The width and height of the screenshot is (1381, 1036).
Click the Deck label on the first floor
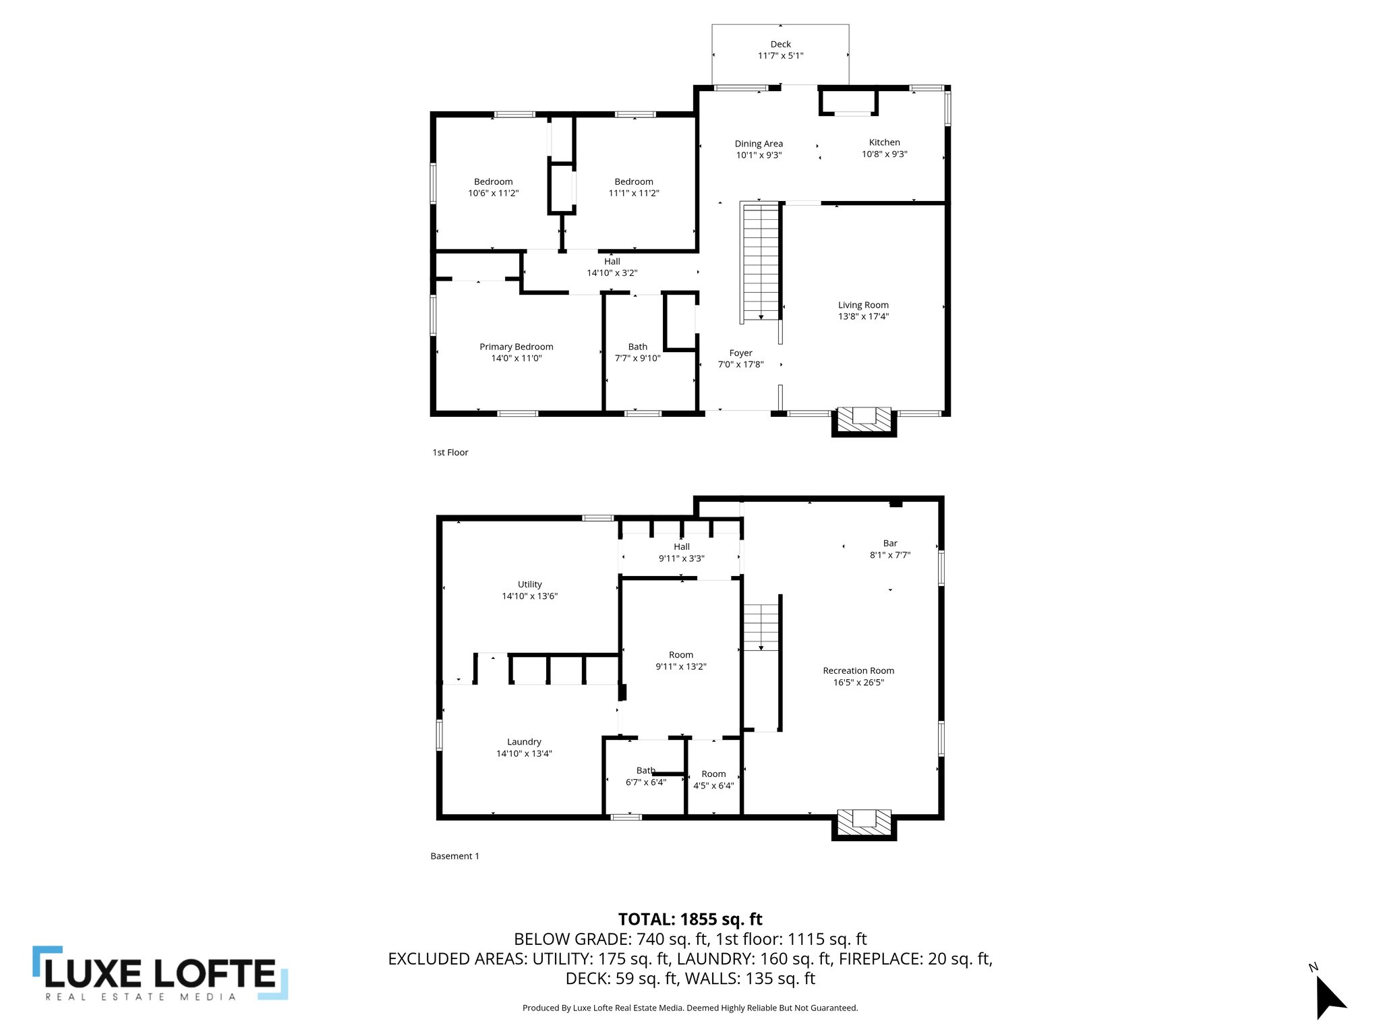[x=780, y=45]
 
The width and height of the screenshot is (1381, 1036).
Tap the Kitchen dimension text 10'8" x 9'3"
[x=884, y=154]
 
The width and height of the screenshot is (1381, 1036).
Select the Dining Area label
[x=759, y=144]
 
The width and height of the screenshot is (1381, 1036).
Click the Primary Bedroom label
[x=516, y=347]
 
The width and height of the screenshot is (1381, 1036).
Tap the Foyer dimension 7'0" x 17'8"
[x=740, y=365]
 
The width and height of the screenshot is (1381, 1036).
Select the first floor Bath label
[x=637, y=347]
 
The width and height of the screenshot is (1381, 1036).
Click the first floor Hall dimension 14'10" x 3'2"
[x=612, y=273]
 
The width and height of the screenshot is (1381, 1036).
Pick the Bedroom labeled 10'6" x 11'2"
[x=493, y=181]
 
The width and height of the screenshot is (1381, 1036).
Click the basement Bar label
[x=890, y=543]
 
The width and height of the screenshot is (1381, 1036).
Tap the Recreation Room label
[x=858, y=670]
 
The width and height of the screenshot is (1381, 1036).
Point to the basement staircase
[x=761, y=627]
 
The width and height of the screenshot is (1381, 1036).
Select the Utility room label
[x=529, y=584]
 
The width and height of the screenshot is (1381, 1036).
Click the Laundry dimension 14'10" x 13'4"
[x=524, y=753]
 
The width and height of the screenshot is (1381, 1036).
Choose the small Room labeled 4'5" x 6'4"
[x=713, y=774]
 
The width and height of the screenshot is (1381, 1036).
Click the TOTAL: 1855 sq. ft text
[x=690, y=919]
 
